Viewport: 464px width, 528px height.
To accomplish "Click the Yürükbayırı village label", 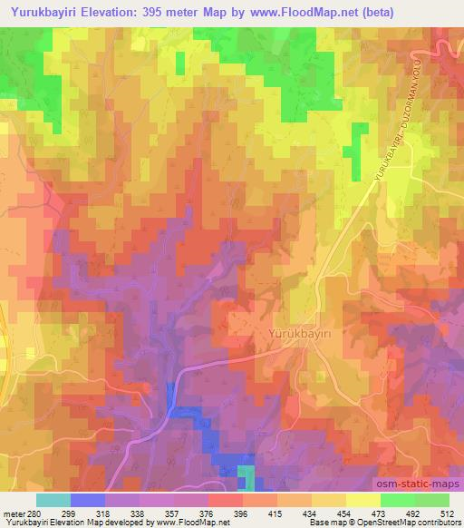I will (302, 334).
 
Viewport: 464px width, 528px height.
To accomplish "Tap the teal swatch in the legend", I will (53, 501).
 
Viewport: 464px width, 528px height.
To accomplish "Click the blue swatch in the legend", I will (87, 501).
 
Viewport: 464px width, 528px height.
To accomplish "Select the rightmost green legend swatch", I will (431, 501).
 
